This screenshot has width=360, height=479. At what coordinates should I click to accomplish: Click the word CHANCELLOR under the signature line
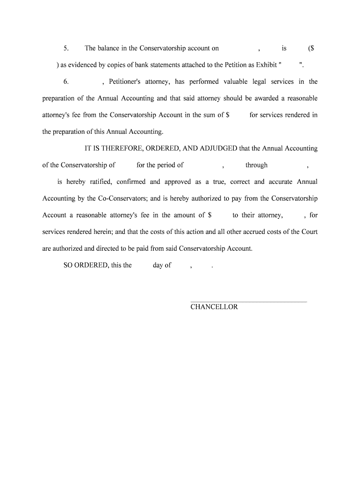pyautogui.click(x=214, y=307)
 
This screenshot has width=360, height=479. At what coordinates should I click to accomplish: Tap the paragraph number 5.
pyautogui.click(x=66, y=48)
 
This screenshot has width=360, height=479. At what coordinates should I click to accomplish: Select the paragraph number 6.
pyautogui.click(x=66, y=81)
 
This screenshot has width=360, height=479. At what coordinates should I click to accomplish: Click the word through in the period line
pyautogui.click(x=257, y=165)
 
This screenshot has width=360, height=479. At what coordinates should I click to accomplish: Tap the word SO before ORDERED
pyautogui.click(x=68, y=265)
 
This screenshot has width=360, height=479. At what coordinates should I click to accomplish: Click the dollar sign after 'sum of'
pyautogui.click(x=227, y=115)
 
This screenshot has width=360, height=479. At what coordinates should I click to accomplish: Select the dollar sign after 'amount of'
pyautogui.click(x=210, y=215)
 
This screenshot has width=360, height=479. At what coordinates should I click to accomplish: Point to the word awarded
pyautogui.click(x=263, y=98)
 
